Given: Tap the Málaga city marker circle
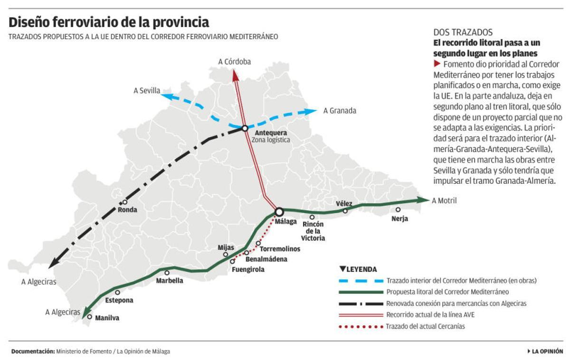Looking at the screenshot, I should point(279,211).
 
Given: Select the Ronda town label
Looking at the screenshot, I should point(127,210).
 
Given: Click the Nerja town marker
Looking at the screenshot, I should point(398,209).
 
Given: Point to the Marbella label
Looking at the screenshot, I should point(170,281).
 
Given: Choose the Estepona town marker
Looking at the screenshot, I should point(117,293).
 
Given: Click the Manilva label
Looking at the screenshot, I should point(107,318).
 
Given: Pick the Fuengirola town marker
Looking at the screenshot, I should point(232,261).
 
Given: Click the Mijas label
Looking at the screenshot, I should point(226,247).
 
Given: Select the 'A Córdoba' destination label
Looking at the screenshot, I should point(235,62).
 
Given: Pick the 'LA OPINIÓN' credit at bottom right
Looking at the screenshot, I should point(546,351).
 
